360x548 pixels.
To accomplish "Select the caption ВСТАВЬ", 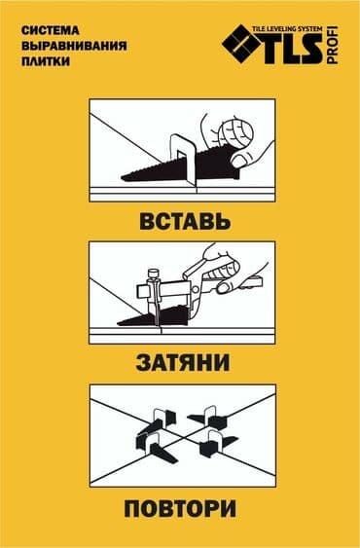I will click(x=180, y=220).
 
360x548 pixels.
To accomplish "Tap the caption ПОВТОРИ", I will click(x=180, y=508).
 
